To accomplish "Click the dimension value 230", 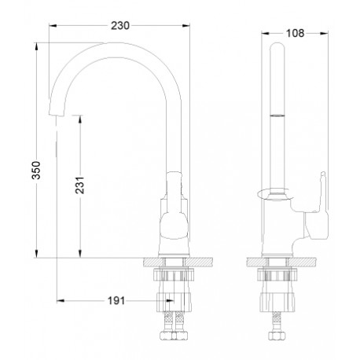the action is (x=120, y=26).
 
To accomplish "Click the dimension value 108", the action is (x=295, y=33).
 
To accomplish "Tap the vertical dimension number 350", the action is (x=36, y=171).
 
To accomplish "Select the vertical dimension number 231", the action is (x=80, y=186).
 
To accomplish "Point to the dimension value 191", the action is (x=116, y=301).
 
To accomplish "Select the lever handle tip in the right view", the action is (x=323, y=174).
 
